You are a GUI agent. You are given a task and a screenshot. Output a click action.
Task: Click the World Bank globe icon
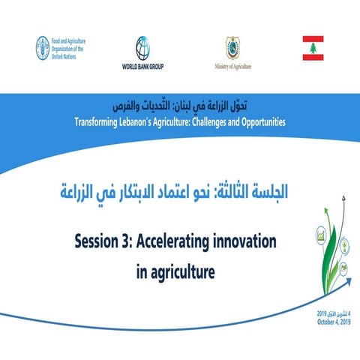145,48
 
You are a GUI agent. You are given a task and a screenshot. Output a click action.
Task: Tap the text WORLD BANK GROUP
145,65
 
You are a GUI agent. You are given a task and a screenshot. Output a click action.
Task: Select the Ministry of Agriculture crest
233,47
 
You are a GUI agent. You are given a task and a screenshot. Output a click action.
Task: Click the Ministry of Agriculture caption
233,65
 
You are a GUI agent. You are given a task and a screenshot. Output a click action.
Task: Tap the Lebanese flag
313,47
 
